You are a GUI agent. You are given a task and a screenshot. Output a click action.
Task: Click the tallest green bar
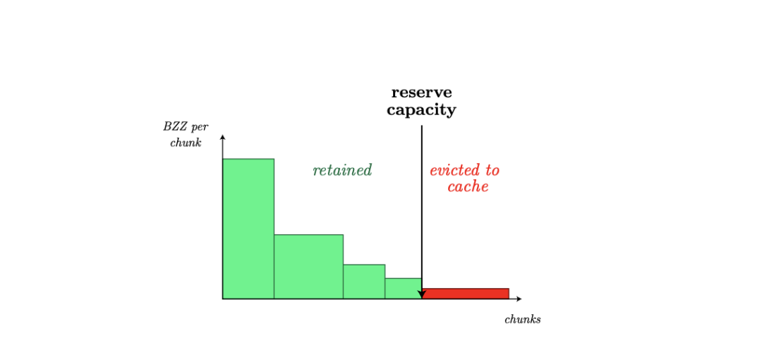coord(248,229)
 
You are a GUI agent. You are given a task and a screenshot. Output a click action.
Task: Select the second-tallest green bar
coord(308,267)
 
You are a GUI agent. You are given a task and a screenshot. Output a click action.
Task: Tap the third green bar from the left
coord(364,282)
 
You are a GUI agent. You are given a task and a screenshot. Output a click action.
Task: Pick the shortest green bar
coord(404,289)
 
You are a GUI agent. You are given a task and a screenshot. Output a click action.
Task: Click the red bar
coord(466,294)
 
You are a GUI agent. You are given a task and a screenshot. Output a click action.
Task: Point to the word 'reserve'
coord(422,92)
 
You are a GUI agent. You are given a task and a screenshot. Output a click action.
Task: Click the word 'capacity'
coord(422,110)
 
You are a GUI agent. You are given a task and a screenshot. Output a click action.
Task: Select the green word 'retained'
coord(343,170)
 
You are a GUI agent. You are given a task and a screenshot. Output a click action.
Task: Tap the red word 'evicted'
coord(452,170)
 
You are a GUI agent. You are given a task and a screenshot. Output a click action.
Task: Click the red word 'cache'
coord(468,187)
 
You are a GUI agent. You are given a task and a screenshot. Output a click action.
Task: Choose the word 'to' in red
coord(490,171)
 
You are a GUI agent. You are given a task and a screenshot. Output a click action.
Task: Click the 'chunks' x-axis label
coord(523,320)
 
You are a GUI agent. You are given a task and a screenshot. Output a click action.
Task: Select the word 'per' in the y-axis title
coord(199,128)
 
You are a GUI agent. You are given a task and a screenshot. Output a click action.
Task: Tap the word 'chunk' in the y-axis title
coord(186,144)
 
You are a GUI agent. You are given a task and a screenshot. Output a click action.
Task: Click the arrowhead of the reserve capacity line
coord(422,294)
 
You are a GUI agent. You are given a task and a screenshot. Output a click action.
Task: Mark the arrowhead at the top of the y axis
coord(222,137)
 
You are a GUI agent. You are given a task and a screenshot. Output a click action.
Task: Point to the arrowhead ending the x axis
coord(519,299)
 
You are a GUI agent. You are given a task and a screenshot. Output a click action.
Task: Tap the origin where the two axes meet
coord(222,299)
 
